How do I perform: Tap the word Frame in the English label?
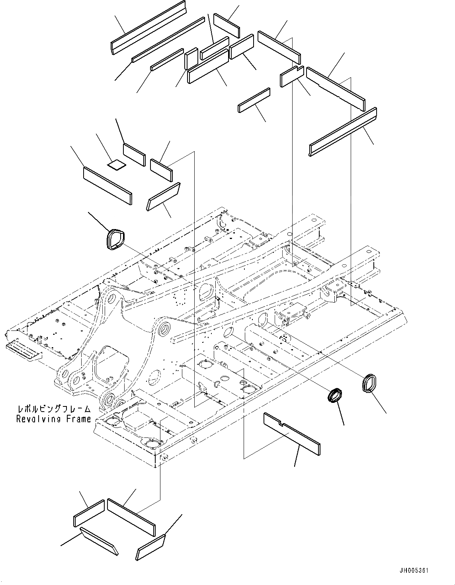[80, 419]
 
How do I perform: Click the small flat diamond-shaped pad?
[117, 164]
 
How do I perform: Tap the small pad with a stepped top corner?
[292, 76]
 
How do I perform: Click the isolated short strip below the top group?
[254, 101]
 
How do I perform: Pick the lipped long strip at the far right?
[343, 132]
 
